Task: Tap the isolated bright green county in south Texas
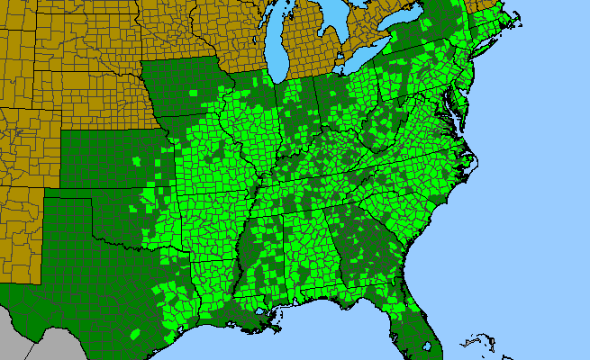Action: click(134, 334)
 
